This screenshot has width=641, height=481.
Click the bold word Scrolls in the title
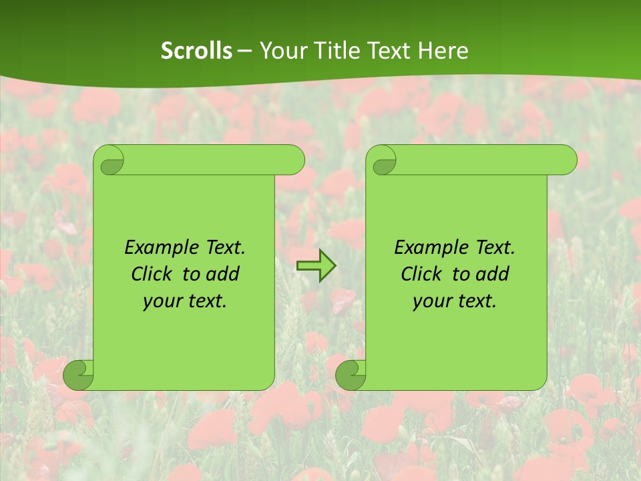click(x=197, y=50)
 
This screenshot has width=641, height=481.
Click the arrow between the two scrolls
click(x=316, y=267)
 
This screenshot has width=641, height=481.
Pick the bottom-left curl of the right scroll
click(x=351, y=375)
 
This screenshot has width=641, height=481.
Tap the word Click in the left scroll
click(x=152, y=274)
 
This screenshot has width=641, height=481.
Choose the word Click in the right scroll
click(x=421, y=274)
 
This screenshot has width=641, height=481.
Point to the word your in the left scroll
click(x=161, y=302)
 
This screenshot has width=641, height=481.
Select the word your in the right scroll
click(x=431, y=302)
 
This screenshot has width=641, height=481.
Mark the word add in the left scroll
click(x=223, y=274)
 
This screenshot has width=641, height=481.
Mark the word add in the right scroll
click(x=493, y=274)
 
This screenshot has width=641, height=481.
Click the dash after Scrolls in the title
click(x=244, y=50)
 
